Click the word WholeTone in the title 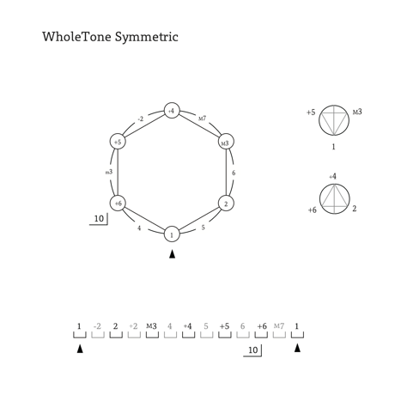pos(76,37)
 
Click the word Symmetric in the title pos(147,38)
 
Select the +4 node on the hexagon pos(172,111)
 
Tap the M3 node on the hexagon pos(226,142)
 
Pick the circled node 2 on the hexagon pos(226,204)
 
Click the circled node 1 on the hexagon pos(172,234)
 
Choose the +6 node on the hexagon pos(118,203)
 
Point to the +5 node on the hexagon pos(118,142)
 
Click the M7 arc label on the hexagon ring pos(203,118)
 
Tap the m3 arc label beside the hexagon pos(109,172)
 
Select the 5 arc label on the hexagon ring pos(203,228)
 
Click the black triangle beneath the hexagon pos(172,254)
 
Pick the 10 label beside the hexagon pos(99,219)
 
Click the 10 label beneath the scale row pos(253,350)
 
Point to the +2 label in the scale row pos(133,326)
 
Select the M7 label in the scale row pos(279,326)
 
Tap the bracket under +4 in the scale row pos(188,335)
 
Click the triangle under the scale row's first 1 pos(80,349)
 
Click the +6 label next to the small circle pos(313,210)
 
